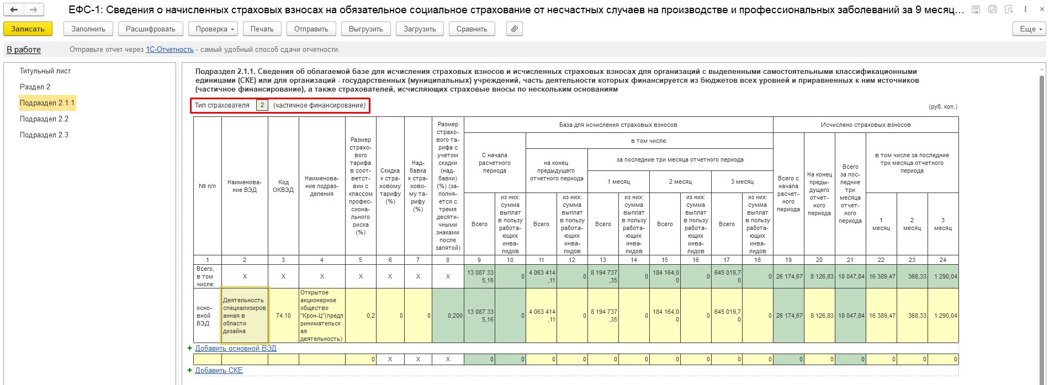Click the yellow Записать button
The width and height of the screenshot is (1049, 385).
pos(28,29)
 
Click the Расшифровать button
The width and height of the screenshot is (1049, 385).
pos(150,29)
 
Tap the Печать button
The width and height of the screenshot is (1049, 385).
pos(262,29)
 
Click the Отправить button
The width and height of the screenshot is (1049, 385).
pos(311,29)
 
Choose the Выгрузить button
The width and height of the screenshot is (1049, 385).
pos(365,29)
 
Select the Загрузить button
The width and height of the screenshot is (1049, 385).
pos(420,29)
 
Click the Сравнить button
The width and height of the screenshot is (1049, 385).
pos(471,29)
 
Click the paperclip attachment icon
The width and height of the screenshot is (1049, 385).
pos(514,29)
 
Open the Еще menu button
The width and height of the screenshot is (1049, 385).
pos(1030,29)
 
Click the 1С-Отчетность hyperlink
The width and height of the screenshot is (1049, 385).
pos(169,50)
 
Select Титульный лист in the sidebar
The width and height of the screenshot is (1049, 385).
pos(45,71)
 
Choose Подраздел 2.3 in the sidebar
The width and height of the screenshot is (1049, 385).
pos(44,135)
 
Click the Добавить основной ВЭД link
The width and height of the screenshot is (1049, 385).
pos(236,349)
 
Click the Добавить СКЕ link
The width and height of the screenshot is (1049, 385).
pos(219,371)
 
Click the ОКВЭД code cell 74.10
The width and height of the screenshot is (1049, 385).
pos(283,316)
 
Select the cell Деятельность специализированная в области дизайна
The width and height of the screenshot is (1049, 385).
pos(244,316)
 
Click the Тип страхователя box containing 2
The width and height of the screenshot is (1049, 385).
pos(262,105)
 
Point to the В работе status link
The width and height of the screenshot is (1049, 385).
pos(24,50)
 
